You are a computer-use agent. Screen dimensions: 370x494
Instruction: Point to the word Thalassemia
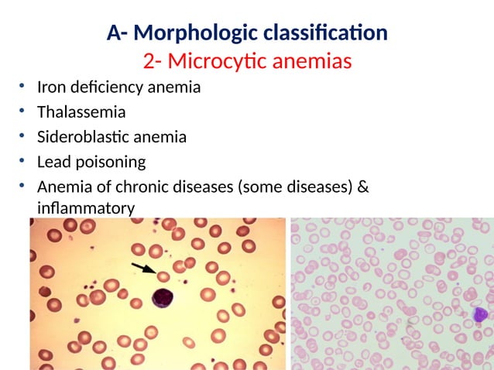tap(81, 112)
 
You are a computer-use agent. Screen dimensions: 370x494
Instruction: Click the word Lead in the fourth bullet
tap(53, 162)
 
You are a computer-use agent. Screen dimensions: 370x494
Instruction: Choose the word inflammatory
tap(86, 208)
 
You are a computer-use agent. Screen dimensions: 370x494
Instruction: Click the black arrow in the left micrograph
tap(144, 269)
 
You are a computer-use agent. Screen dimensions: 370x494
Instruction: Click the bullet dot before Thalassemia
tap(24, 112)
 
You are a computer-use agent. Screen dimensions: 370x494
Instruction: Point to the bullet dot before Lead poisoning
tap(24, 162)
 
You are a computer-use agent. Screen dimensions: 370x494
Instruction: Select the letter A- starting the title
tap(117, 34)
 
